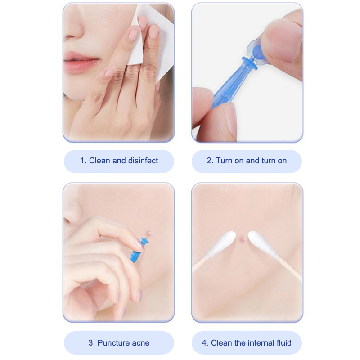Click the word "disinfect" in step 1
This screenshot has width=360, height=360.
(143, 161)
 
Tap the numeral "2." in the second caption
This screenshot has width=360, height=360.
(210, 161)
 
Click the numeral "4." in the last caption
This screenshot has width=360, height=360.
(205, 343)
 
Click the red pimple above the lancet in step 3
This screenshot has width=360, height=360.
(150, 234)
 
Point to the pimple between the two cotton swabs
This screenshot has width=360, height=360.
(243, 239)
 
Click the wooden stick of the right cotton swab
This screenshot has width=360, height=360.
(290, 268)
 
